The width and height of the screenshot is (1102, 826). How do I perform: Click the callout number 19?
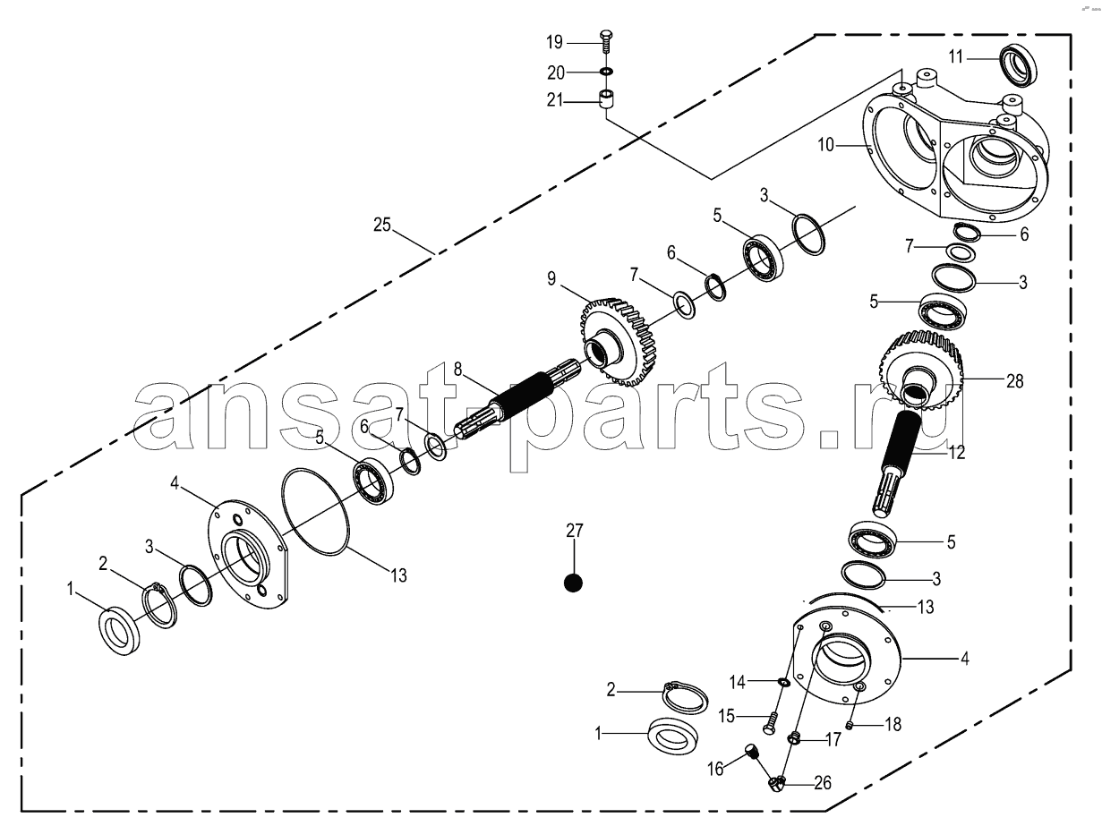click(555, 43)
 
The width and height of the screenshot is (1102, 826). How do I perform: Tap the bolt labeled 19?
click(606, 42)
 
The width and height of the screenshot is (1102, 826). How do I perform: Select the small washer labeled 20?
click(606, 72)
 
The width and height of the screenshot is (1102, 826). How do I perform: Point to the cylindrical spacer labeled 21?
click(607, 98)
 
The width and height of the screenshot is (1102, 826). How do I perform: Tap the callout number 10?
click(826, 145)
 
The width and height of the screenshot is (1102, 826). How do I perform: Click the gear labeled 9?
click(619, 342)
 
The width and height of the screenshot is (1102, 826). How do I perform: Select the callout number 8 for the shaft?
click(457, 370)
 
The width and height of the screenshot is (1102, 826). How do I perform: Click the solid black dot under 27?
click(573, 583)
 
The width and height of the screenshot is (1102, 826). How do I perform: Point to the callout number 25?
click(381, 225)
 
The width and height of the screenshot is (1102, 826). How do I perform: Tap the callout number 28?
click(1014, 381)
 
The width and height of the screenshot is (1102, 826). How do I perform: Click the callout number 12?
click(957, 452)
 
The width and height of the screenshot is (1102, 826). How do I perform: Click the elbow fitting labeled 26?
click(777, 783)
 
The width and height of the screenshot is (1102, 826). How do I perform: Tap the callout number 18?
click(893, 724)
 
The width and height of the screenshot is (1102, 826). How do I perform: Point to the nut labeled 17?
click(794, 737)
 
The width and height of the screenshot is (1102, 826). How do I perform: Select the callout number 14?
click(738, 682)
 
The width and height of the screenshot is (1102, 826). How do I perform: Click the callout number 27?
click(575, 530)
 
